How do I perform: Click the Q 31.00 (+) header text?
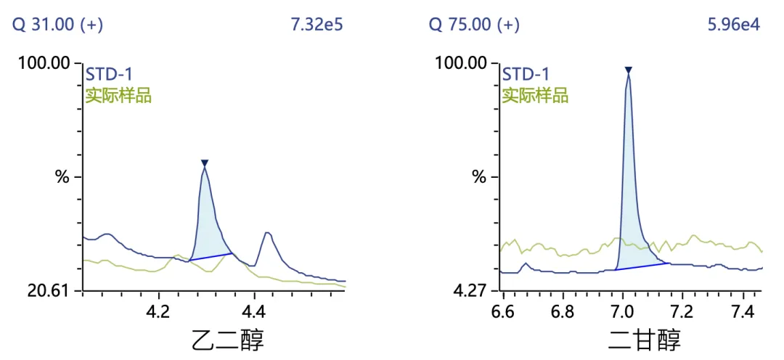click(x=57, y=25)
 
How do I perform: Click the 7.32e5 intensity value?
click(x=317, y=25)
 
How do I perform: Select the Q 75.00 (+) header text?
click(x=474, y=25)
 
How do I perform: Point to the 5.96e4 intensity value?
click(x=733, y=25)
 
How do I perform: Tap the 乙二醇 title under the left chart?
click(x=227, y=340)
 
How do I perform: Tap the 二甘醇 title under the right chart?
click(x=645, y=340)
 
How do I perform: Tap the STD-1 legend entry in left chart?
click(x=109, y=74)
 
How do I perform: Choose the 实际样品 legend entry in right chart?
click(x=535, y=94)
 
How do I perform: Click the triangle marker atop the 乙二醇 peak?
click(x=205, y=163)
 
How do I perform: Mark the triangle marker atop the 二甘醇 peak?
click(x=629, y=70)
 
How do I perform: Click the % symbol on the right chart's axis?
click(x=479, y=176)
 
